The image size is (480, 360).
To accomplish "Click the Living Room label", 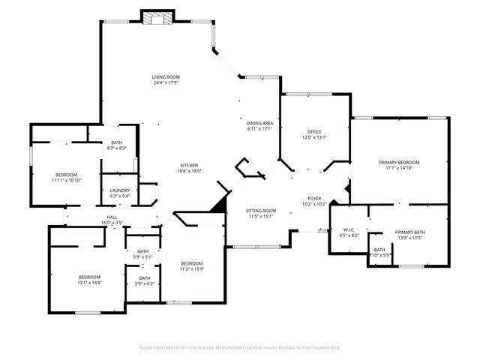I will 166,77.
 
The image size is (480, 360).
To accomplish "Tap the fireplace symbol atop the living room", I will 157,18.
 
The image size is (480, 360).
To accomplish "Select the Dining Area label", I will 259,122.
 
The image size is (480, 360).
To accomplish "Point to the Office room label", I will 314,132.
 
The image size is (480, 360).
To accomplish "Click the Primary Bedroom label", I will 398,163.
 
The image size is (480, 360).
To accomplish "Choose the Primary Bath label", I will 409,232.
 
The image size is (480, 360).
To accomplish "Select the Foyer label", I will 314,198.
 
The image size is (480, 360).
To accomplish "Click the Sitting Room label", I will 262,211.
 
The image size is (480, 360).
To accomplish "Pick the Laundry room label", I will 120,190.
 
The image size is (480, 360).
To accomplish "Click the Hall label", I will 112,217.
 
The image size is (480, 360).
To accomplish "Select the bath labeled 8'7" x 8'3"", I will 117,142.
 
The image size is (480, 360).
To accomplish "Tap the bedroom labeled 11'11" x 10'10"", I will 66,175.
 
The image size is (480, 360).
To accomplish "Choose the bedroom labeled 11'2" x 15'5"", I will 191,263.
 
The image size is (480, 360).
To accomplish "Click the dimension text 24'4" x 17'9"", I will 166,83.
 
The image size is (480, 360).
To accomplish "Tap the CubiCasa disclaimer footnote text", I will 240,347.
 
